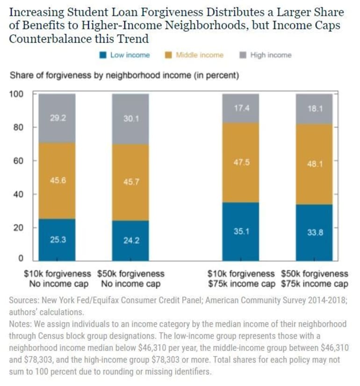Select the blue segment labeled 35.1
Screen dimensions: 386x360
tap(240, 231)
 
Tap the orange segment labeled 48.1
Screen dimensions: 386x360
tap(314, 164)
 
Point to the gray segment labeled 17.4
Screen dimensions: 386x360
tap(240, 109)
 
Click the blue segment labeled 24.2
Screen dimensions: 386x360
tap(130, 240)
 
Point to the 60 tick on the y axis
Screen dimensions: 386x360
tap(18, 161)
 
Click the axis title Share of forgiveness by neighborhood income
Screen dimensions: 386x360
tap(124, 75)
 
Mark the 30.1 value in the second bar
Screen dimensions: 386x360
tap(130, 119)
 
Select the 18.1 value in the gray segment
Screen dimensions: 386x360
tap(314, 109)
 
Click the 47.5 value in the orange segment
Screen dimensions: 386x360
tap(240, 162)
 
